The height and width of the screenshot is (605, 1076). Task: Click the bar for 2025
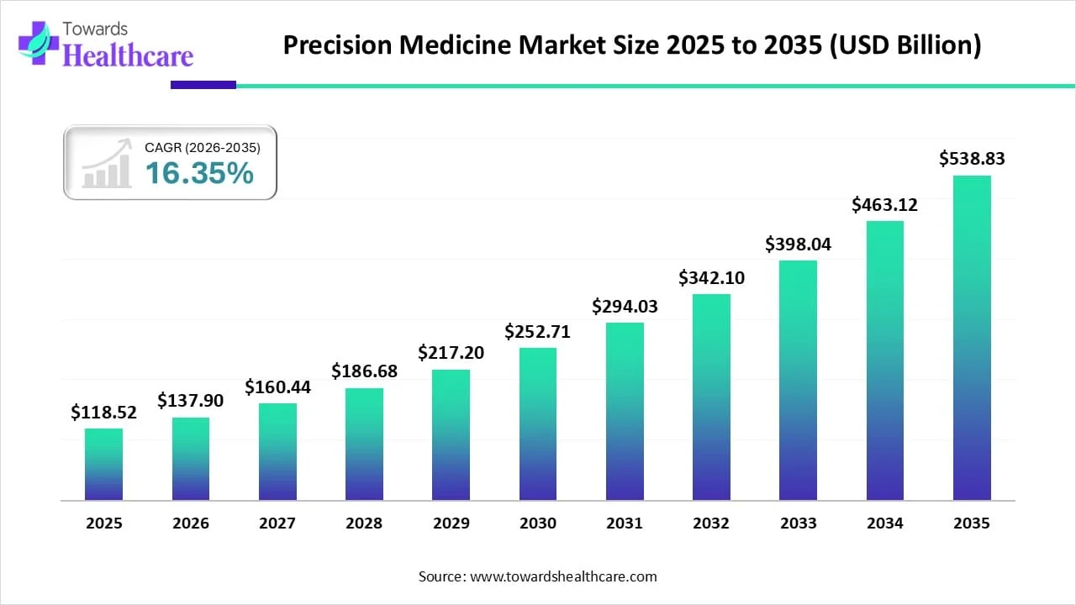click(103, 465)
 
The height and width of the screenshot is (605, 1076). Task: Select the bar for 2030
click(537, 424)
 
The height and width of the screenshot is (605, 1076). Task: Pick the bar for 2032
click(711, 397)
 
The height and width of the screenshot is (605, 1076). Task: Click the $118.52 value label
click(103, 412)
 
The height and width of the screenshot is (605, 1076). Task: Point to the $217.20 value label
click(451, 353)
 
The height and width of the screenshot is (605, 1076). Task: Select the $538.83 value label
click(972, 158)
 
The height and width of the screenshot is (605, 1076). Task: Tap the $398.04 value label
click(798, 244)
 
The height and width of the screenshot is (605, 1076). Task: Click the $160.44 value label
click(277, 387)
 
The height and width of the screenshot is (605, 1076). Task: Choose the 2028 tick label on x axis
click(364, 523)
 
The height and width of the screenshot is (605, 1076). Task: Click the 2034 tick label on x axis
click(885, 523)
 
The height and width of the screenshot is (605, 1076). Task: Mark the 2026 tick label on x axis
click(191, 523)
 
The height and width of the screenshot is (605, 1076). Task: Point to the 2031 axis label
click(625, 523)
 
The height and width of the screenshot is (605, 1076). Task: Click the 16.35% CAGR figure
click(199, 173)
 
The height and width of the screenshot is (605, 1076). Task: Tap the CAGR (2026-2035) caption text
click(203, 147)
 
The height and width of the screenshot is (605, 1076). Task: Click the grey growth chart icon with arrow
click(107, 163)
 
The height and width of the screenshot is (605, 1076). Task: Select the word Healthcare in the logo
click(128, 55)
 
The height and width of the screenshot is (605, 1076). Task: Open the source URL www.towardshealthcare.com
click(562, 576)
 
